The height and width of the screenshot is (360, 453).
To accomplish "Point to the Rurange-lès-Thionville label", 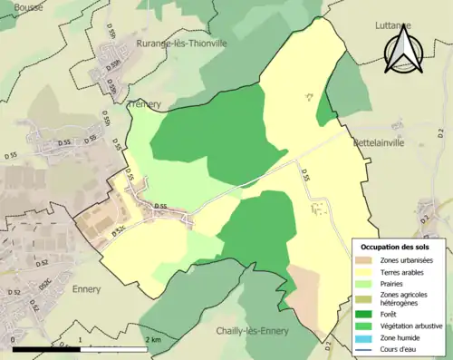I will click(x=180, y=43).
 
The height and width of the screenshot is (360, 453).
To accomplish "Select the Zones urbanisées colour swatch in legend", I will click(x=367, y=261).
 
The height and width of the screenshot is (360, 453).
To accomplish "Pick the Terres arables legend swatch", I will click(x=367, y=272).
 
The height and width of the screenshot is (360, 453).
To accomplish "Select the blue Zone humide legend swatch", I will click(x=367, y=336).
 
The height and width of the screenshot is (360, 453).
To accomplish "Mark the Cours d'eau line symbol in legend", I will click(x=367, y=347).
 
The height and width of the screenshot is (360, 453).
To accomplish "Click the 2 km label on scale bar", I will click(x=152, y=339).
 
